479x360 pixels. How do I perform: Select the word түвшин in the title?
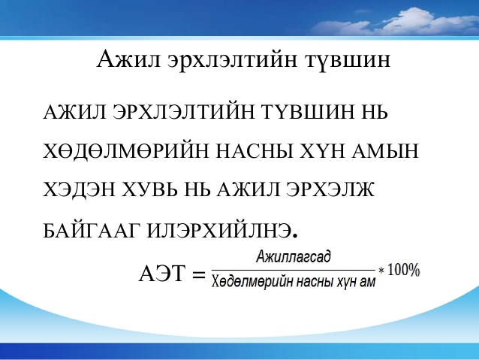tap(348, 59)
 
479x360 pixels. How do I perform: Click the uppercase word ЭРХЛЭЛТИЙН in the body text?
tap(184, 112)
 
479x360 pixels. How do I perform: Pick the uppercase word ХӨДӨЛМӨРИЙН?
tap(126, 151)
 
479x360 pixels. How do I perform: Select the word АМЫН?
tap(384, 151)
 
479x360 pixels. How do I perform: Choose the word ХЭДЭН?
tap(79, 189)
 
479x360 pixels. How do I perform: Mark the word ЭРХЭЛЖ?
tap(330, 189)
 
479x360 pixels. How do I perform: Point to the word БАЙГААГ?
tap(92, 230)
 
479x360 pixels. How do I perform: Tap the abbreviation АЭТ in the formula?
tap(162, 273)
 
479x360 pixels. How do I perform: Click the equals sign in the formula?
tap(199, 274)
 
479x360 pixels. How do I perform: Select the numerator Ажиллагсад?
tap(294, 256)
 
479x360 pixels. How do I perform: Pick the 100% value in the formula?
tap(404, 270)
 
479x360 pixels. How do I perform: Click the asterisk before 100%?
tap(381, 271)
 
